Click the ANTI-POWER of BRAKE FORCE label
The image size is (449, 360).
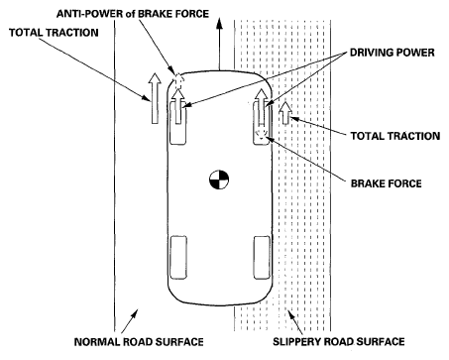click(x=133, y=14)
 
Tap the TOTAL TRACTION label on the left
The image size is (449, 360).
click(x=54, y=33)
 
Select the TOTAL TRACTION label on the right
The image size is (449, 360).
click(x=395, y=136)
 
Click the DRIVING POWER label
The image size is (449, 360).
click(x=393, y=53)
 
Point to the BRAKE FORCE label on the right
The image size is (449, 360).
click(x=387, y=183)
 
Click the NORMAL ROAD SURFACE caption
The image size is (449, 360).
click(x=139, y=341)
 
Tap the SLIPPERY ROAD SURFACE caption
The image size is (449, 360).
click(x=339, y=341)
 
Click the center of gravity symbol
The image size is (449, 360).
click(x=219, y=180)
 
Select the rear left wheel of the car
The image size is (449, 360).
click(x=178, y=257)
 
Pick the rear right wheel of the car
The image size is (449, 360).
click(x=262, y=257)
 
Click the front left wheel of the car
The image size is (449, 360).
click(x=178, y=123)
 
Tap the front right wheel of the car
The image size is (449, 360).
click(x=262, y=123)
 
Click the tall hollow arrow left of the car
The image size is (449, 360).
click(x=155, y=98)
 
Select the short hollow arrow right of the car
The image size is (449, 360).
click(x=285, y=113)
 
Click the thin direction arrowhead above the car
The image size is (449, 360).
click(x=219, y=25)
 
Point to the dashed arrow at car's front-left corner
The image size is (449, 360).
click(x=178, y=80)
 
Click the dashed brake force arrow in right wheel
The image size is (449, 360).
click(x=262, y=133)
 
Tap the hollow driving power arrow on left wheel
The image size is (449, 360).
click(x=178, y=106)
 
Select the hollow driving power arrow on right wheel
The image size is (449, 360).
click(x=262, y=106)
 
